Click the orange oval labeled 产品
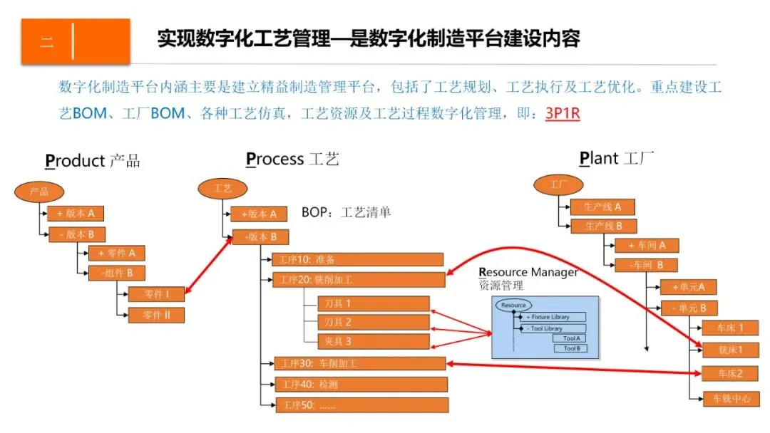[40, 192]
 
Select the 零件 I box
[156, 293]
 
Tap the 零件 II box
[156, 315]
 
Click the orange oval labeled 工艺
[222, 189]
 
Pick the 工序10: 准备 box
[357, 259]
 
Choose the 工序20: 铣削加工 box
[359, 280]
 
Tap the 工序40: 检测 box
[361, 385]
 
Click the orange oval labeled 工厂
[557, 185]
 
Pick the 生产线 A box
[602, 207]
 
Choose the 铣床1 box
[730, 350]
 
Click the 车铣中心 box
[730, 399]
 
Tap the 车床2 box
[730, 374]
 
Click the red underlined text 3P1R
[563, 113]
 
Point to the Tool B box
[570, 349]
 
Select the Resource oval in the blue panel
[513, 306]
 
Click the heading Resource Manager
[528, 273]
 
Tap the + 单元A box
[688, 287]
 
